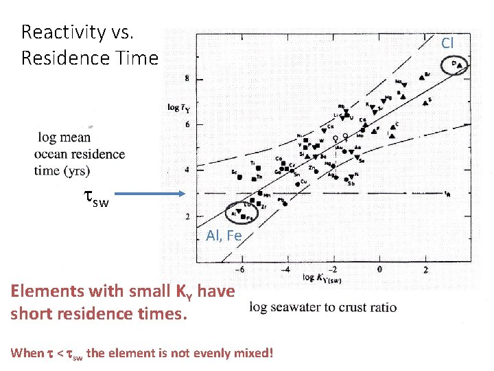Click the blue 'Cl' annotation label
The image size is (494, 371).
point(447,43)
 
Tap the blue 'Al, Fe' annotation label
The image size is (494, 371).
point(224,236)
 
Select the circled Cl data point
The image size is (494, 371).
point(456,65)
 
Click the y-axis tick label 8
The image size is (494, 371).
point(187,80)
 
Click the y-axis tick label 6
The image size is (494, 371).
point(187,124)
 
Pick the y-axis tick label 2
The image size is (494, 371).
point(187,217)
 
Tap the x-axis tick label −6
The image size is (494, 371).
point(240,269)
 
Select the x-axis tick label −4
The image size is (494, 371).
point(286,269)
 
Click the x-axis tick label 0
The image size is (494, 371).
point(380,269)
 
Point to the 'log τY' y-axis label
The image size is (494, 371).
point(180,107)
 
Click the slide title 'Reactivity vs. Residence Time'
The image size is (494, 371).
point(89,45)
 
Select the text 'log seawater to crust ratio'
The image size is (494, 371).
point(323,306)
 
